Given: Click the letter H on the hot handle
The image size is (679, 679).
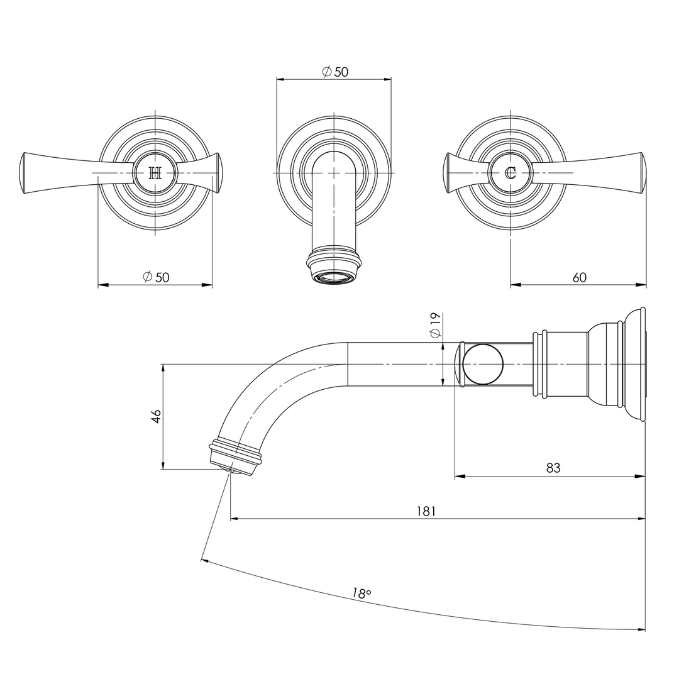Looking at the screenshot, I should pyautogui.click(x=155, y=173).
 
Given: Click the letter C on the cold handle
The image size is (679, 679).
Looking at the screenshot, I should pyautogui.click(x=511, y=172).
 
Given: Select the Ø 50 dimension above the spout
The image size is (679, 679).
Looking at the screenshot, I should pyautogui.click(x=335, y=72).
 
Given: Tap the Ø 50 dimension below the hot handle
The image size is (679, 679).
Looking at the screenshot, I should pyautogui.click(x=156, y=277).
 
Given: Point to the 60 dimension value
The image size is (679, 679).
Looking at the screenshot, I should pyautogui.click(x=579, y=277).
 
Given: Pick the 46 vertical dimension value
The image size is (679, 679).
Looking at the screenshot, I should pyautogui.click(x=156, y=416).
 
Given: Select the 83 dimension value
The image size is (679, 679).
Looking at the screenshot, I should pyautogui.click(x=553, y=468).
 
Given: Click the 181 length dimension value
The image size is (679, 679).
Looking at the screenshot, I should pyautogui.click(x=426, y=511).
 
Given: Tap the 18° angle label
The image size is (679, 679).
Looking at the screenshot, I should pyautogui.click(x=362, y=593).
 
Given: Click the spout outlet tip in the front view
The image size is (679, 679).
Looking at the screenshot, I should pyautogui.click(x=334, y=277).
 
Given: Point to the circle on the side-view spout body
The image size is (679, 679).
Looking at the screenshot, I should pyautogui.click(x=483, y=364).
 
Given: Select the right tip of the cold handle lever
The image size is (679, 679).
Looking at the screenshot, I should pyautogui.click(x=643, y=172).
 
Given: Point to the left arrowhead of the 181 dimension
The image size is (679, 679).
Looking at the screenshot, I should pyautogui.click(x=234, y=519).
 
